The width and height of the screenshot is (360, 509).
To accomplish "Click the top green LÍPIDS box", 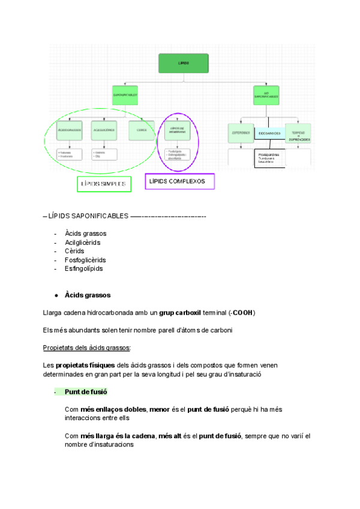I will point(184,62).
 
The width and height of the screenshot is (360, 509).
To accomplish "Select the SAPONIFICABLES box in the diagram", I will point(128,95).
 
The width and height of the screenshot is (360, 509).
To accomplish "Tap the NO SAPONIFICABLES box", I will point(266,95).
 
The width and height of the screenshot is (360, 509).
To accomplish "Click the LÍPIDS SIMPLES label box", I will point(103,184).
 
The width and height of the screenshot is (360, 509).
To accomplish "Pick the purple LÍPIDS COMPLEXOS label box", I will point(179,181).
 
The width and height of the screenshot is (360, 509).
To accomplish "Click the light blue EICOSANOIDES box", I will point(269,133).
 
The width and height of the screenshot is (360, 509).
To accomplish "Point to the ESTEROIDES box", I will point(241,133).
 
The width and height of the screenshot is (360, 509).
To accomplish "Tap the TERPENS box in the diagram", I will point(298,133).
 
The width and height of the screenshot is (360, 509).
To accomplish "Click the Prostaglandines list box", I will point(269,158).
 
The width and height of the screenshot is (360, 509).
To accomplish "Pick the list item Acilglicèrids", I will point(83,242).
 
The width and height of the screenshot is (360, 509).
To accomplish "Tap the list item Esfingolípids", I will point(83,268).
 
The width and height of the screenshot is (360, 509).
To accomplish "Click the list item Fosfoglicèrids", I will point(85,260).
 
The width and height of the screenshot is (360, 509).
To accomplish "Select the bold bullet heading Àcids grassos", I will point(88,295).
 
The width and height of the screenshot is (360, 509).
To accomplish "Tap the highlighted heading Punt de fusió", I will point(86,392).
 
